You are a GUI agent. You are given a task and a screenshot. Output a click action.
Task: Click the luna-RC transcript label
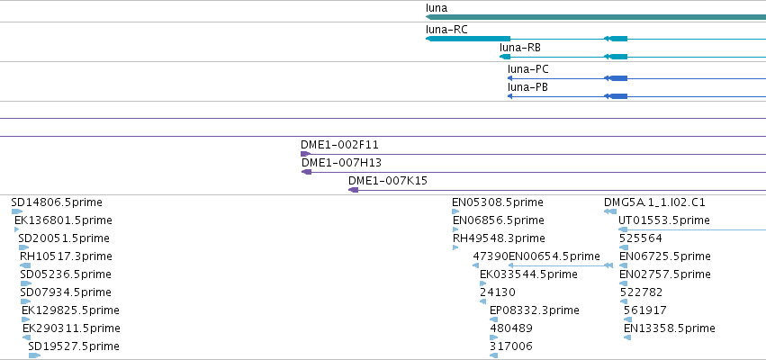coord(446,30)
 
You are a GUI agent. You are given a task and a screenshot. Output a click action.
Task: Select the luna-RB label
coord(519,48)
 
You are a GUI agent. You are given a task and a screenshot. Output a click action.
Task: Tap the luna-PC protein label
coord(528,69)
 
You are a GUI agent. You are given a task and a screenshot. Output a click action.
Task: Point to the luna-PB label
coord(527,87)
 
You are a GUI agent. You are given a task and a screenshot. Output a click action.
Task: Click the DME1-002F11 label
coord(339,145)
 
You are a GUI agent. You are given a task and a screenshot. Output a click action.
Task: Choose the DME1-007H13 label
coord(341,163)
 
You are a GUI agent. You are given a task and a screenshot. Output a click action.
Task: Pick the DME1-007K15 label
coord(388,181)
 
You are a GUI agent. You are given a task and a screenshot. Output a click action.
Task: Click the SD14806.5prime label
coord(57,202)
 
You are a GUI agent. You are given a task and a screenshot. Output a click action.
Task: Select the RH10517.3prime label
coord(66,256)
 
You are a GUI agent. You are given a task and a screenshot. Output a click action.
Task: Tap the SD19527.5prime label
coord(74,346)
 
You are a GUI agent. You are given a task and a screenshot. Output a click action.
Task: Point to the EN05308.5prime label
coord(497,202)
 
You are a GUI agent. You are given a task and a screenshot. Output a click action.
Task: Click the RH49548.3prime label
coord(499,238)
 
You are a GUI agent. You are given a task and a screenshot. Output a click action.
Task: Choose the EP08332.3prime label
coord(535,310)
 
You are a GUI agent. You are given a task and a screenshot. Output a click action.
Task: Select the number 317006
coord(511,346)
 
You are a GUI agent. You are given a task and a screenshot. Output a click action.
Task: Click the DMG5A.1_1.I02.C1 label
coord(654,202)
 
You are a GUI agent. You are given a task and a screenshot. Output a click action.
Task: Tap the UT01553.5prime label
coord(664,220)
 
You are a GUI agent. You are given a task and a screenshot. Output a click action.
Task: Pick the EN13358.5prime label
coord(670,328)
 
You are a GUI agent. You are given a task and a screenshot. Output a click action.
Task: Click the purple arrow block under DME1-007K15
coord(353,190)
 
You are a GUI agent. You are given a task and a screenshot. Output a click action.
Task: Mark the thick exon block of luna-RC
coord(468,39)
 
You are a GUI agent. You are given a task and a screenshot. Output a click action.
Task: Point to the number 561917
coord(644,310)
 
